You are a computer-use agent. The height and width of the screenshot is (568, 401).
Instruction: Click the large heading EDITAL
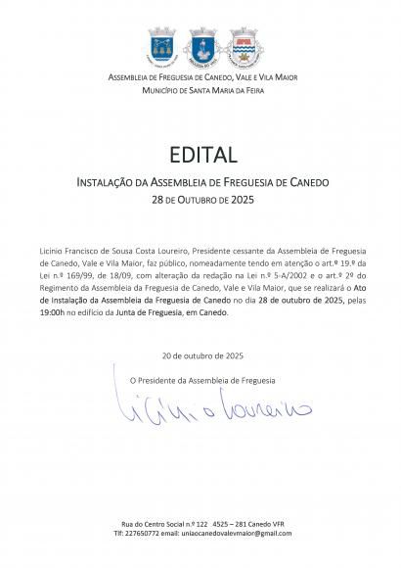tap(200, 155)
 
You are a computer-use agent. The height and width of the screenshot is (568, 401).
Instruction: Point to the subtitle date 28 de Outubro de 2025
tap(200, 197)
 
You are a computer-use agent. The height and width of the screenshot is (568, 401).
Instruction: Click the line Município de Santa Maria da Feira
tap(200, 90)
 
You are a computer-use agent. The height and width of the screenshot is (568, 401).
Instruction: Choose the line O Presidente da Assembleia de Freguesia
tap(203, 379)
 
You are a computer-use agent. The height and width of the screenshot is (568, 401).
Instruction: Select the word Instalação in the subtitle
tap(89, 183)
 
